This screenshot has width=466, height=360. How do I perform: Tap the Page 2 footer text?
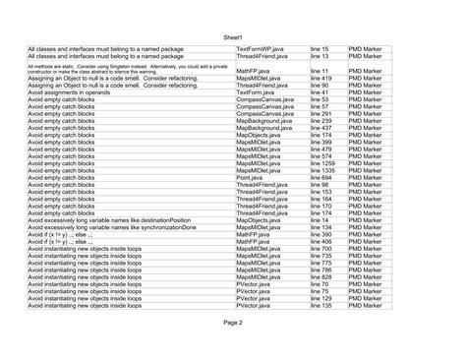click(233, 322)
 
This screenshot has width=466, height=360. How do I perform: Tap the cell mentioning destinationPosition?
click(109, 219)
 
